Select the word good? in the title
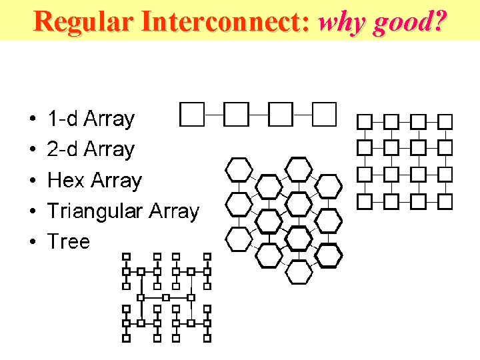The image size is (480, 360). (x=409, y=21)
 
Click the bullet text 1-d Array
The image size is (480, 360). (x=91, y=119)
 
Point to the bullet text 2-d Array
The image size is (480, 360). (x=91, y=149)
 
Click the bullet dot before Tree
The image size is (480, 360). (x=33, y=242)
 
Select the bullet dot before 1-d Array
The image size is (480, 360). (x=33, y=120)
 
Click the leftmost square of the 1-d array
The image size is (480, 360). (x=192, y=114)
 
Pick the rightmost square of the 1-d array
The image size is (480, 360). (x=325, y=114)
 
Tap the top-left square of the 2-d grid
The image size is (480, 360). (x=365, y=121)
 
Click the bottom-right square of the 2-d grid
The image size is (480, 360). (x=445, y=200)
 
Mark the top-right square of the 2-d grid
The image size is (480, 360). (x=445, y=121)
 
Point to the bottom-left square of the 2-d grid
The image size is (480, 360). (x=365, y=200)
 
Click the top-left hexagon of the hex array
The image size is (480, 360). (x=239, y=169)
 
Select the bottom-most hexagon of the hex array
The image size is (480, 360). (x=299, y=271)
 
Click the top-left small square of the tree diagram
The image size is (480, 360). (x=125, y=256)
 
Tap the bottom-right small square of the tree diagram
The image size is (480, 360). (x=207, y=338)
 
